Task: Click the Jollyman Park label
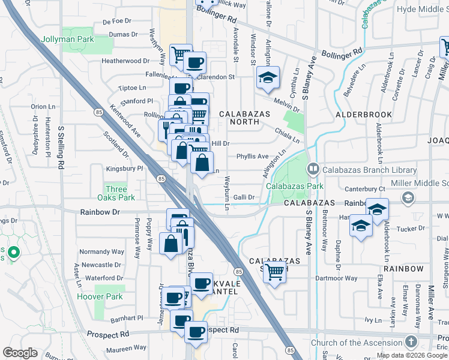coord(68,39)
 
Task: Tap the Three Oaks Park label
coord(116,193)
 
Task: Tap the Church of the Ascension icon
coord(411,343)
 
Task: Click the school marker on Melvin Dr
coord(268,77)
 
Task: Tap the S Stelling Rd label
coord(61,149)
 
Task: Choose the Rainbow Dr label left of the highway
coord(100,212)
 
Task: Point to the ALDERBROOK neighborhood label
coord(364,114)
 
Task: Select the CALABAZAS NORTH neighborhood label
coord(239,118)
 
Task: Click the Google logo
coord(20,353)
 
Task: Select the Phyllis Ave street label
coord(252,157)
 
